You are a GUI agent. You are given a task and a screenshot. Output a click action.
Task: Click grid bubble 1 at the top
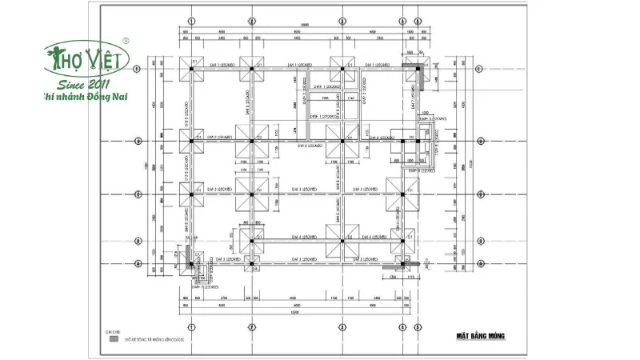click(x=192, y=18)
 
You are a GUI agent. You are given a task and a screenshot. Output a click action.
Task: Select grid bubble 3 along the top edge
click(x=342, y=18)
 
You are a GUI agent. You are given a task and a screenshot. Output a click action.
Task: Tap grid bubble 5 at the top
click(x=418, y=18)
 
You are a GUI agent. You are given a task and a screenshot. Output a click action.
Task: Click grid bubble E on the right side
click(x=478, y=70)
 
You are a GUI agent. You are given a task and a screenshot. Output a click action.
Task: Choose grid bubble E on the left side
click(x=138, y=70)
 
